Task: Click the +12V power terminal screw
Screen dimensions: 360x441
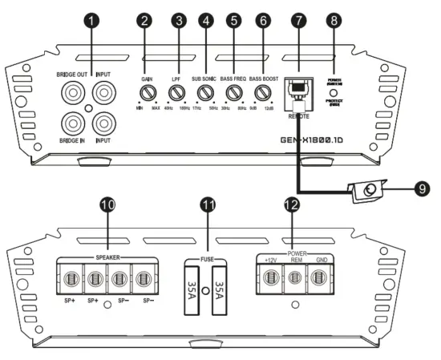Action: pos(270,279)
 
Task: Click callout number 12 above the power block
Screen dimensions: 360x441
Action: pos(293,207)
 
